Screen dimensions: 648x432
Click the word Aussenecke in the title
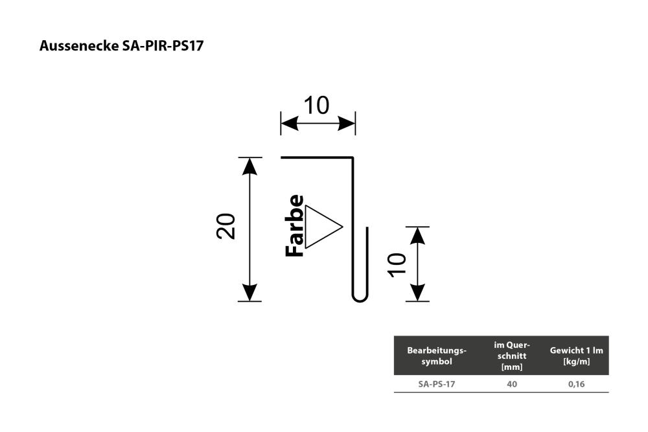coord(79,45)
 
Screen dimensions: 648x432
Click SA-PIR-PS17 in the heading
coord(163,45)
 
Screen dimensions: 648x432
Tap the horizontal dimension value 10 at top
coord(317,106)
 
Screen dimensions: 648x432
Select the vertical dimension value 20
coord(226,226)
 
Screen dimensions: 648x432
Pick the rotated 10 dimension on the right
coord(397,265)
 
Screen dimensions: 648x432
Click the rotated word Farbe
coord(295,226)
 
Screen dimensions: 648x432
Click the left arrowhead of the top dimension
coord(289,123)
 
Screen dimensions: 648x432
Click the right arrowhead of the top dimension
coord(347,123)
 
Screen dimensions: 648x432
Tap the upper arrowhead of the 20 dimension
coord(249,166)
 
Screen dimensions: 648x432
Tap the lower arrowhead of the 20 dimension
coord(249,293)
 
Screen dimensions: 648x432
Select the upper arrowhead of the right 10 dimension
coord(418,235)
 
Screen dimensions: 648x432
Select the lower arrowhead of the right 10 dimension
coord(418,293)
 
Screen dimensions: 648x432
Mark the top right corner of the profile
coord(353,157)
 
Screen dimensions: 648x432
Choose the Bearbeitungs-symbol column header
coord(436,356)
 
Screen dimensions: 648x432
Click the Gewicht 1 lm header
coord(576,356)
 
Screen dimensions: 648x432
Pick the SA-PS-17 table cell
coord(436,384)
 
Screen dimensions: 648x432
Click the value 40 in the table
coord(512,384)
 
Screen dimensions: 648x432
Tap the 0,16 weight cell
coord(576,384)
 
